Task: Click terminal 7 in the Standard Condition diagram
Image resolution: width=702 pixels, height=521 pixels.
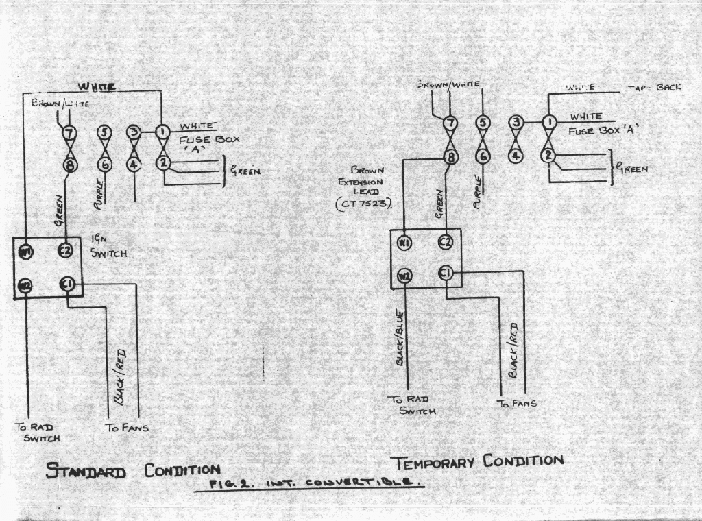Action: [x=69, y=132]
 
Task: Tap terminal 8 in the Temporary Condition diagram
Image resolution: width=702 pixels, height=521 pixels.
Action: [x=450, y=156]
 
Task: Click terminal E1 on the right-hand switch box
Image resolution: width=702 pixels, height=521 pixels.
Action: [x=446, y=274]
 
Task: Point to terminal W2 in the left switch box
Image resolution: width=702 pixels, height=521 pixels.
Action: [x=25, y=284]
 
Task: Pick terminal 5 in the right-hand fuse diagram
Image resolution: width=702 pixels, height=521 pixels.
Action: [x=483, y=123]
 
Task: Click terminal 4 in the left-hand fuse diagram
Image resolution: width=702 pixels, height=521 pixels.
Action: [x=134, y=165]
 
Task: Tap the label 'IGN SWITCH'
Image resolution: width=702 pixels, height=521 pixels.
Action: [x=108, y=246]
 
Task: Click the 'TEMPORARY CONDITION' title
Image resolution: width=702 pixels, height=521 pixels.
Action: [x=476, y=461]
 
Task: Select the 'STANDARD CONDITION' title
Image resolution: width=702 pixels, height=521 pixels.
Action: [x=132, y=471]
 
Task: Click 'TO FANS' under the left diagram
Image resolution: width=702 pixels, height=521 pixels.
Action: [x=127, y=428]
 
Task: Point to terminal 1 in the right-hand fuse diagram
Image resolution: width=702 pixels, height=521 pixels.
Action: [x=548, y=123]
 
